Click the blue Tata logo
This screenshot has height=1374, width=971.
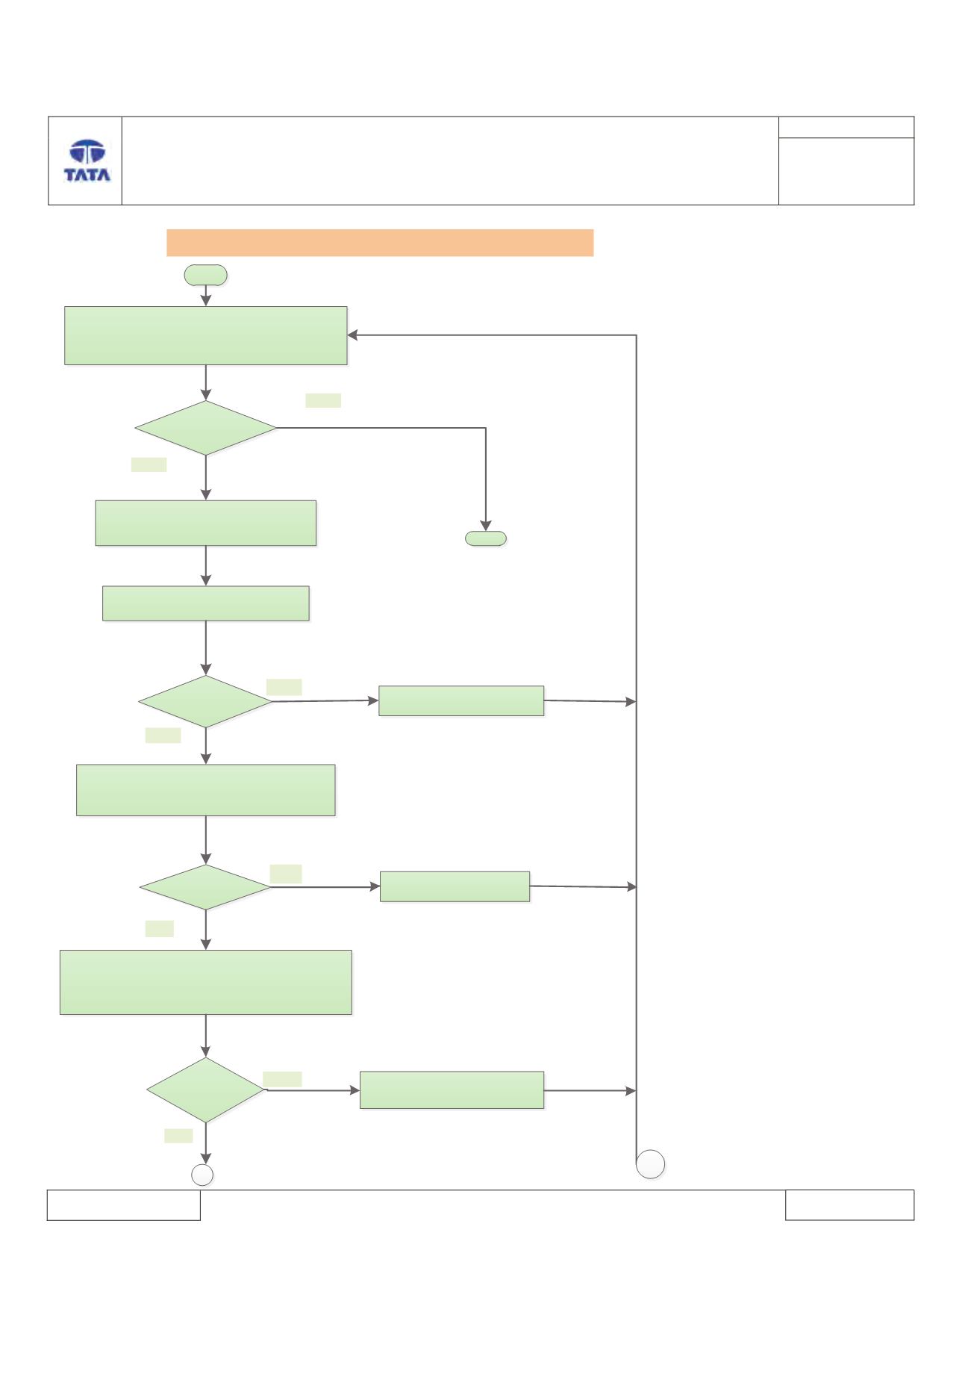[x=87, y=161]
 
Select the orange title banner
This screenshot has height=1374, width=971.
[x=380, y=243]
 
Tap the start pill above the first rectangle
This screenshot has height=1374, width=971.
[x=206, y=275]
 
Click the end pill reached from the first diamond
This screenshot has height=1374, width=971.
[x=486, y=538]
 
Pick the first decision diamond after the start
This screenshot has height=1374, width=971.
[x=205, y=428]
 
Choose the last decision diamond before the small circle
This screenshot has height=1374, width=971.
[x=205, y=1090]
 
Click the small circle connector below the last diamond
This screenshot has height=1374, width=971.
[x=202, y=1175]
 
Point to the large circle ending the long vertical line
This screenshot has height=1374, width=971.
[x=651, y=1164]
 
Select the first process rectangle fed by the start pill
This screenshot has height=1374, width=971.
[x=206, y=335]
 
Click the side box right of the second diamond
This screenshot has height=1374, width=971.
[x=461, y=701]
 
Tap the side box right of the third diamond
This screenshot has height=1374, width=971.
[x=455, y=886]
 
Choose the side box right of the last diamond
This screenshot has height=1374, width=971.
[x=452, y=1090]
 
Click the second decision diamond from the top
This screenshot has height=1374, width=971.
[x=205, y=702]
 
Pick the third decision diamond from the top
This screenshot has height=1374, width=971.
[x=205, y=887]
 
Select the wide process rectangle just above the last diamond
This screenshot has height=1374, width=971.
[x=206, y=982]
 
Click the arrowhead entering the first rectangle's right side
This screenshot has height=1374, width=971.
[x=352, y=335]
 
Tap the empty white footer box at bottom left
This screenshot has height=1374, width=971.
[x=124, y=1205]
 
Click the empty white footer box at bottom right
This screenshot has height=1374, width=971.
[x=849, y=1205]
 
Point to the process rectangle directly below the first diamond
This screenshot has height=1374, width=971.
[x=206, y=523]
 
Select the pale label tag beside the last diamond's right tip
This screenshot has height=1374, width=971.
[x=282, y=1079]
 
